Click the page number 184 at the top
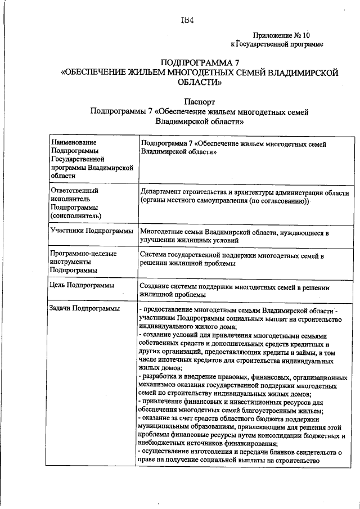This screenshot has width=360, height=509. [187, 21]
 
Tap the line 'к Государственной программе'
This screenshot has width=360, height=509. [277, 44]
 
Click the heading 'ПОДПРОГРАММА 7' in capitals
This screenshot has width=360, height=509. [200, 62]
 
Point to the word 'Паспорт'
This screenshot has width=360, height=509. [199, 103]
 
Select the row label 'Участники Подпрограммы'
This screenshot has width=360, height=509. [91, 231]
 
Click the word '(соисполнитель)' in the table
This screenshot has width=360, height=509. [76, 215]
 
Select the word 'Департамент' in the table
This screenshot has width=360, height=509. [163, 192]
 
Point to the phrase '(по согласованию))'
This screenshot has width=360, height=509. [279, 201]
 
